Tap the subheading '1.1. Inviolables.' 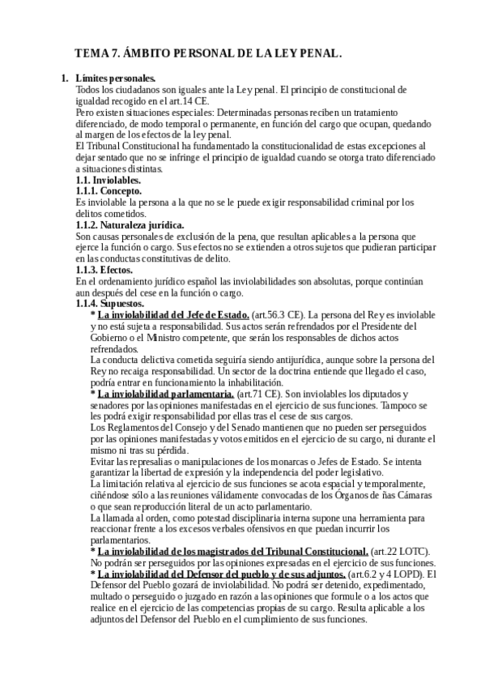(x=108, y=180)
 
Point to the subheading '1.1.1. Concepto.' (x=108, y=190)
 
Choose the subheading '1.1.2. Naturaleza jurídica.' (x=130, y=224)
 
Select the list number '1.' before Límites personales (x=65, y=79)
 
